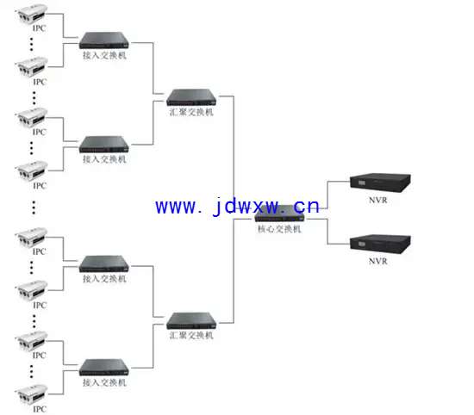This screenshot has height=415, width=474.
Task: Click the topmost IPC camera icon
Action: tap(31, 14)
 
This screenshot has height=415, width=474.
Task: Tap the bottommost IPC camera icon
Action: tap(31, 394)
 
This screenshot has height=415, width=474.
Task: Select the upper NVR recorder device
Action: tap(380, 183)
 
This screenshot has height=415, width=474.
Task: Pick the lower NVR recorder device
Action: tap(380, 244)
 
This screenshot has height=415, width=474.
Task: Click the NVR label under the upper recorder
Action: tap(377, 201)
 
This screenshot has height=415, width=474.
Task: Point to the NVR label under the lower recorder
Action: tap(377, 261)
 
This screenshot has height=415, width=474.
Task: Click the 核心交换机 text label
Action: tap(279, 229)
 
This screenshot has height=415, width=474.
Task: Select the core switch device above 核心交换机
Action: tap(279, 214)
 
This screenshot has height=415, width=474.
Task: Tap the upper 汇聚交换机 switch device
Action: tap(191, 97)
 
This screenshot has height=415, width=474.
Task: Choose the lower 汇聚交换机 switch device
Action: tap(191, 321)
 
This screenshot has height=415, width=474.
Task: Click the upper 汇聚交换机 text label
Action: tap(191, 112)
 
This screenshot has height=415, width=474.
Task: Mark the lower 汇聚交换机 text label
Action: tap(191, 335)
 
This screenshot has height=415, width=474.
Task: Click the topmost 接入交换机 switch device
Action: tap(104, 40)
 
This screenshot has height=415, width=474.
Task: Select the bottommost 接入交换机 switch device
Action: tap(104, 368)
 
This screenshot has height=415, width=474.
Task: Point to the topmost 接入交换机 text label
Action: tap(104, 55)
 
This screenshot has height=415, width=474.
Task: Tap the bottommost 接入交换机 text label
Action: tap(104, 382)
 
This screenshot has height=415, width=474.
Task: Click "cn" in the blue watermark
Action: tap(307, 207)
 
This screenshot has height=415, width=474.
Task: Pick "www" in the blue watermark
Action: tap(176, 207)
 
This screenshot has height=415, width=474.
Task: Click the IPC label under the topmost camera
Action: tap(40, 28)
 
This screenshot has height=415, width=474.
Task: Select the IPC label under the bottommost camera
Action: tap(40, 409)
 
